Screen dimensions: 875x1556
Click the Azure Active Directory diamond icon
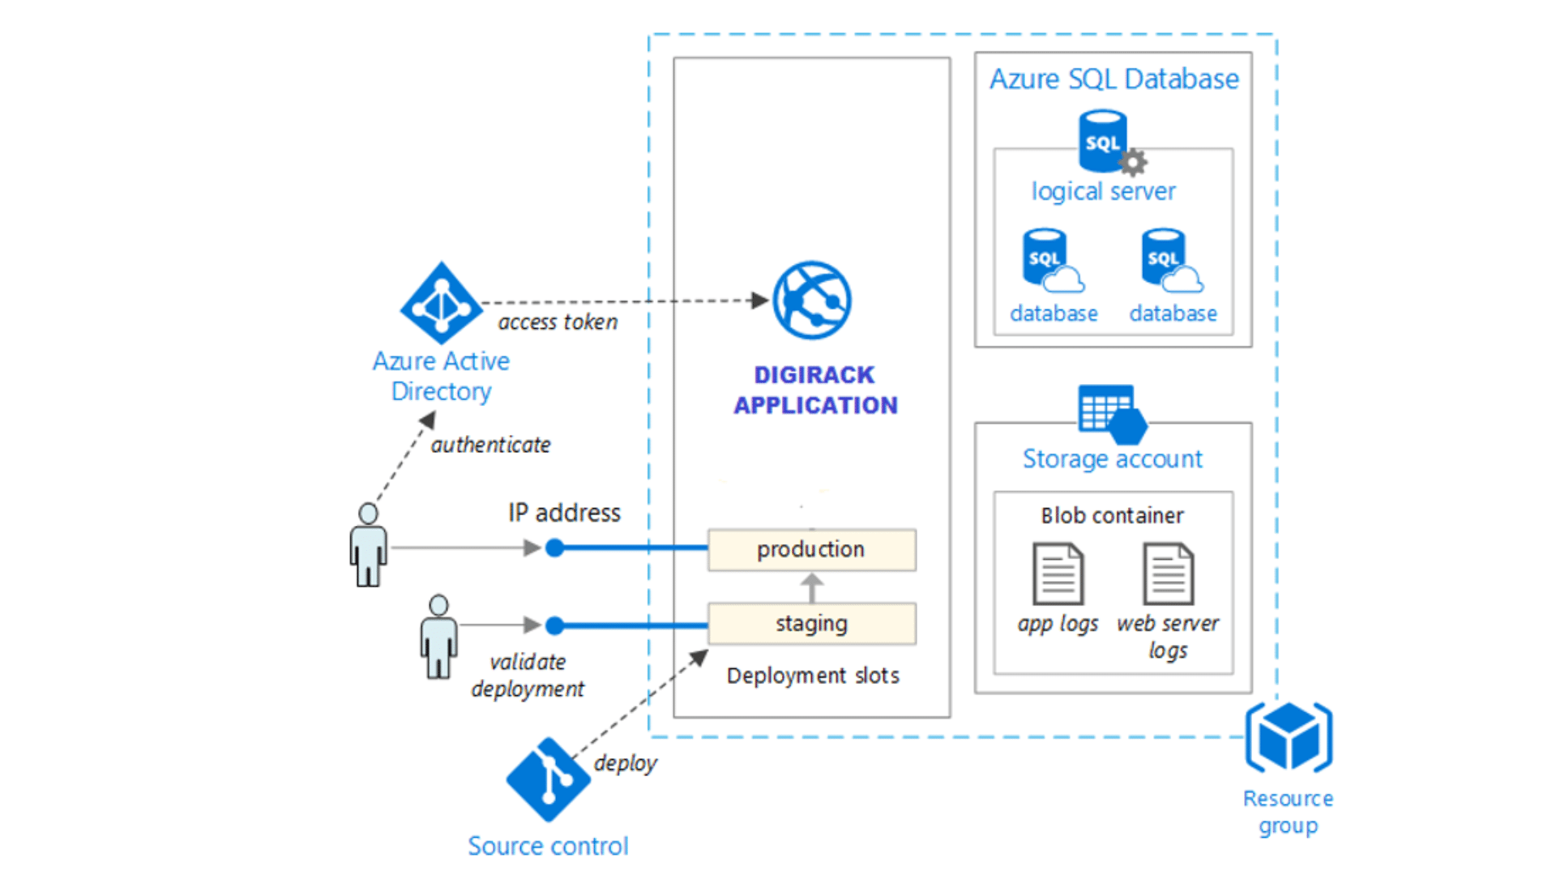coord(441,303)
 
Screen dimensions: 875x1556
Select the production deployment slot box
coord(811,550)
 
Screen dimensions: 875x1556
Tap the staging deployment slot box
coord(811,624)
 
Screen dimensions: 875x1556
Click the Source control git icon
coord(549,779)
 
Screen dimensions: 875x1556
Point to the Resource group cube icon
coord(1289,737)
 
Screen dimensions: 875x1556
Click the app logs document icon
coord(1058,574)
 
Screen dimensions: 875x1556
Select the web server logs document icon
coord(1168,574)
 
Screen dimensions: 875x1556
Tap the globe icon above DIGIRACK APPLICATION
coord(811,301)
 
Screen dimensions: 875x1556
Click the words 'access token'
coord(558,322)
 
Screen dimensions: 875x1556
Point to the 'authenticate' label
coord(490,445)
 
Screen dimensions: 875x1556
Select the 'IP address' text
coord(564,513)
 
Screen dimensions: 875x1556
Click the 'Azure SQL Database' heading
coord(1114,79)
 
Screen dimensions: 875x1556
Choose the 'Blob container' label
coord(1112,515)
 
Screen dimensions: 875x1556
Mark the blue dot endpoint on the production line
coord(554,548)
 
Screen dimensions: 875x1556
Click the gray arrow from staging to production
coord(811,587)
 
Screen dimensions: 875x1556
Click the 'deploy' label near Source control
coord(625,763)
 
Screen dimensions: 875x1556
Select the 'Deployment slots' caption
coord(812,676)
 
